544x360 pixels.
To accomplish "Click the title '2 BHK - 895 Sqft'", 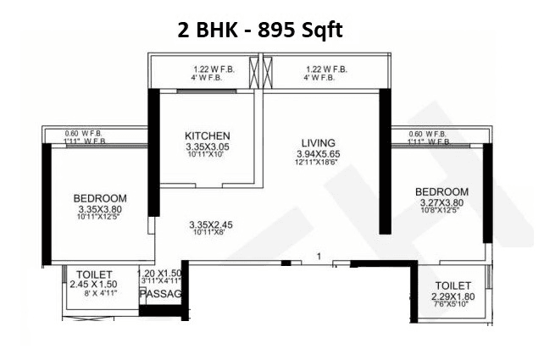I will [x=260, y=30].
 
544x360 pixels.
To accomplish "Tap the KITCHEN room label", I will [x=208, y=136].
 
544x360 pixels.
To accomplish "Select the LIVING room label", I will [x=319, y=141].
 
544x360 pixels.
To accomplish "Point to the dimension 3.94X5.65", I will [x=319, y=153].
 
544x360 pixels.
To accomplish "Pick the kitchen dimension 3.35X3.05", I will [x=208, y=147].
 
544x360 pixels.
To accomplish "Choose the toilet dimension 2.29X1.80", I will [x=454, y=296].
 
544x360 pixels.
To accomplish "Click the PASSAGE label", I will [x=162, y=294].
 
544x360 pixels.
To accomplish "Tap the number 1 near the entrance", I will [x=318, y=255].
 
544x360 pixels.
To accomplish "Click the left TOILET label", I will [x=91, y=274].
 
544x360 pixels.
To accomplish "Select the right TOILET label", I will [x=454, y=285].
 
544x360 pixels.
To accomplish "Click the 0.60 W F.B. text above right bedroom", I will [x=427, y=134].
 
